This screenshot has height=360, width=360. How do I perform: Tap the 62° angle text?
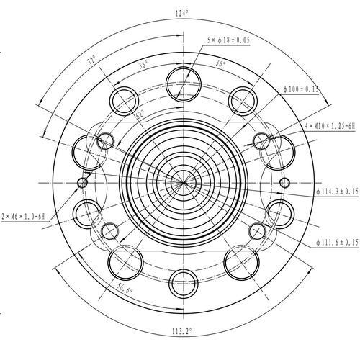point(139,113)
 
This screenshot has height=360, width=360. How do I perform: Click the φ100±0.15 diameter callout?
point(301,89)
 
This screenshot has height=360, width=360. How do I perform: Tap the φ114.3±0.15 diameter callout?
point(338,192)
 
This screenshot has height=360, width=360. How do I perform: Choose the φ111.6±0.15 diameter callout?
point(336,243)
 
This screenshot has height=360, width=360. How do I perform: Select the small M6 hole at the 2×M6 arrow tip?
point(82,182)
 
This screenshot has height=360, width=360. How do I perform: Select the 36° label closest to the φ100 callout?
point(220,63)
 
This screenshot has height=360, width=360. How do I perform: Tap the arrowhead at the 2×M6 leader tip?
point(79,185)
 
